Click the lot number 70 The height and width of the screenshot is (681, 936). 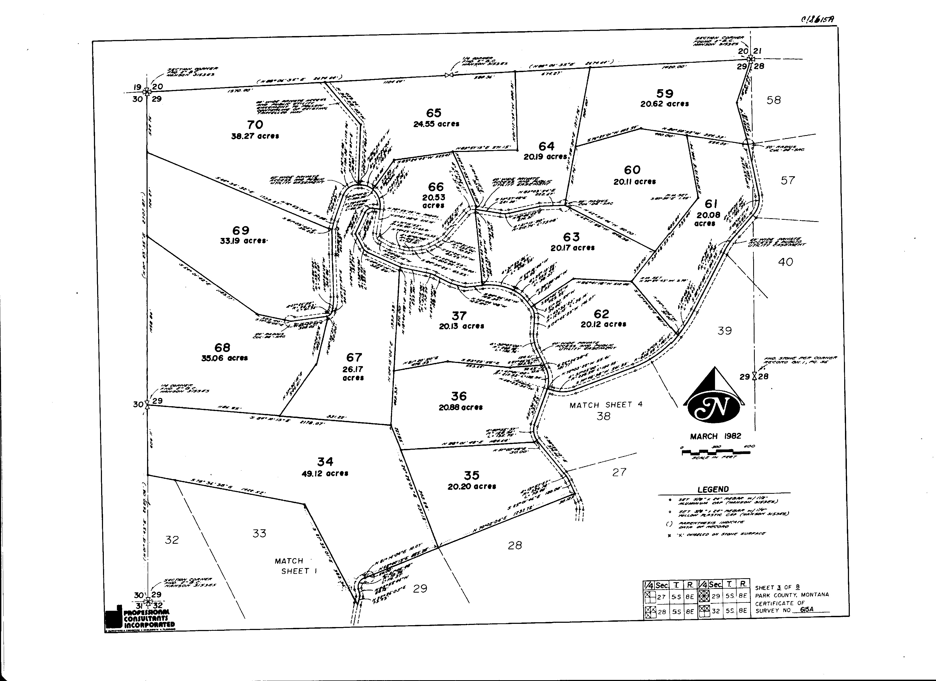pos(255,124)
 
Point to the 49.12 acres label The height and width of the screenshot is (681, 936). pos(325,473)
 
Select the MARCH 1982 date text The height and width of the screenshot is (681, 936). pos(716,436)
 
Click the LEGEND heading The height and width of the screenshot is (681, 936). pos(713,489)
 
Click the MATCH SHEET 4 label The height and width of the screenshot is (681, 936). pos(606,405)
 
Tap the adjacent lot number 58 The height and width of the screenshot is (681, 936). pos(773,100)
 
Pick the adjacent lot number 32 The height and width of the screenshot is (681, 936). pos(172,540)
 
